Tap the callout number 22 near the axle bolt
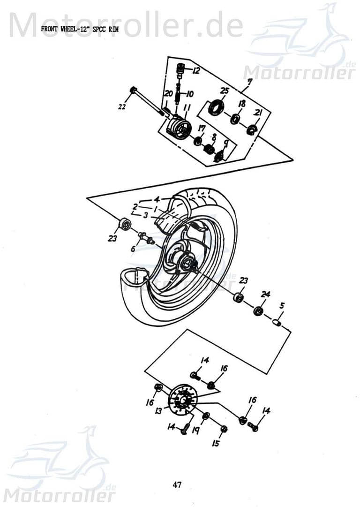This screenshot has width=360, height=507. [x=122, y=107]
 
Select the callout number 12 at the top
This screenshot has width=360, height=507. [x=196, y=71]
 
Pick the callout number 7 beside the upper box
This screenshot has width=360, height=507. [x=250, y=82]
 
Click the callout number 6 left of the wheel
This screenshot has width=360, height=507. [x=133, y=249]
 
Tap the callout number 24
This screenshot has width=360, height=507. [x=266, y=295]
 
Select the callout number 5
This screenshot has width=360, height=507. [x=282, y=305]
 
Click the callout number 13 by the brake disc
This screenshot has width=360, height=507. [x=159, y=411]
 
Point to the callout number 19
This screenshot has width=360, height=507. [x=195, y=430]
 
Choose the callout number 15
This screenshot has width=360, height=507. [x=216, y=442]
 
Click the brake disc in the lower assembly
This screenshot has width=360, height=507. [x=181, y=399]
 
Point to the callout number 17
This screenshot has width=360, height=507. [x=202, y=129]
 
